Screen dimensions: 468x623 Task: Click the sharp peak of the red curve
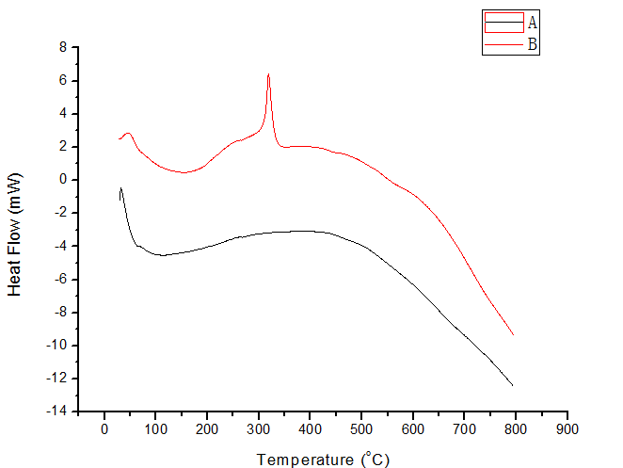(x=268, y=74)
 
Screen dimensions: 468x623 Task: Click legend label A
(x=532, y=22)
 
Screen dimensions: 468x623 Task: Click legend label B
(x=532, y=43)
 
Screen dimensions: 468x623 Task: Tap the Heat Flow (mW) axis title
(x=15, y=234)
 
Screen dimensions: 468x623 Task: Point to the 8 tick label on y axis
(x=62, y=47)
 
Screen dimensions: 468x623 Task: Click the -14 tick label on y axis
(x=57, y=412)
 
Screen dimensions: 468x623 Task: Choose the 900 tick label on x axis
(x=567, y=429)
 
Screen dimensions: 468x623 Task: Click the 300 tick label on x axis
(x=258, y=429)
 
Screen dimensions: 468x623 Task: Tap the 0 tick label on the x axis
(x=104, y=429)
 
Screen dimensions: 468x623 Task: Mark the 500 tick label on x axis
(x=361, y=429)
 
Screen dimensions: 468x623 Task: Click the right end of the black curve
(x=513, y=385)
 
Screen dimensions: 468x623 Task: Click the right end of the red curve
(x=513, y=334)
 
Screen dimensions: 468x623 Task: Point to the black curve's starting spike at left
(x=121, y=188)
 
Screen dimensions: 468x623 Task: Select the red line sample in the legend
(x=503, y=28)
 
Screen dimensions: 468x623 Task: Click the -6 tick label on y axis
(x=59, y=279)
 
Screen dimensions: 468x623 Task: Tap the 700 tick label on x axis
(x=464, y=429)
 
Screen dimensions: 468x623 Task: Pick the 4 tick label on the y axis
(x=62, y=113)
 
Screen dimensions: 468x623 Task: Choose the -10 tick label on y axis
(x=57, y=346)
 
